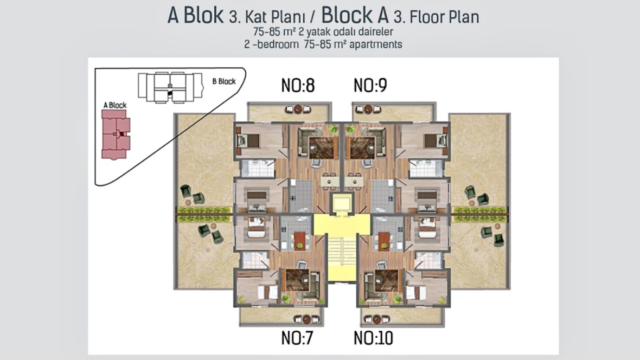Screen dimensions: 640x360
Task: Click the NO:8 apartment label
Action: tap(298, 85)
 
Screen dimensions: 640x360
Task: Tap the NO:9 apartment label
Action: tap(370, 85)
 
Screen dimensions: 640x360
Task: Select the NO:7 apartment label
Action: tap(297, 338)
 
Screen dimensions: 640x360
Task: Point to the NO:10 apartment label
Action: tap(373, 338)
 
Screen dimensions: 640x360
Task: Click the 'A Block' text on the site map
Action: tap(114, 105)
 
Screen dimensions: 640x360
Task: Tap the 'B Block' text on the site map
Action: tap(223, 81)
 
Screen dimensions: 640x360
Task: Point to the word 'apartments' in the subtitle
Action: tap(376, 44)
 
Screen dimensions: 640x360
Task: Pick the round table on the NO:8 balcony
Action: tap(298, 109)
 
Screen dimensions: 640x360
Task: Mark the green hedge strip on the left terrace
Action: tap(204, 210)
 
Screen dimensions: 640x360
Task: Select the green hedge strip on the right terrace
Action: tap(479, 210)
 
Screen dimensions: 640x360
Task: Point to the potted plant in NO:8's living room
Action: tap(334, 128)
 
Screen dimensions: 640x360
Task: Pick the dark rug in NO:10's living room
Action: tap(386, 280)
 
